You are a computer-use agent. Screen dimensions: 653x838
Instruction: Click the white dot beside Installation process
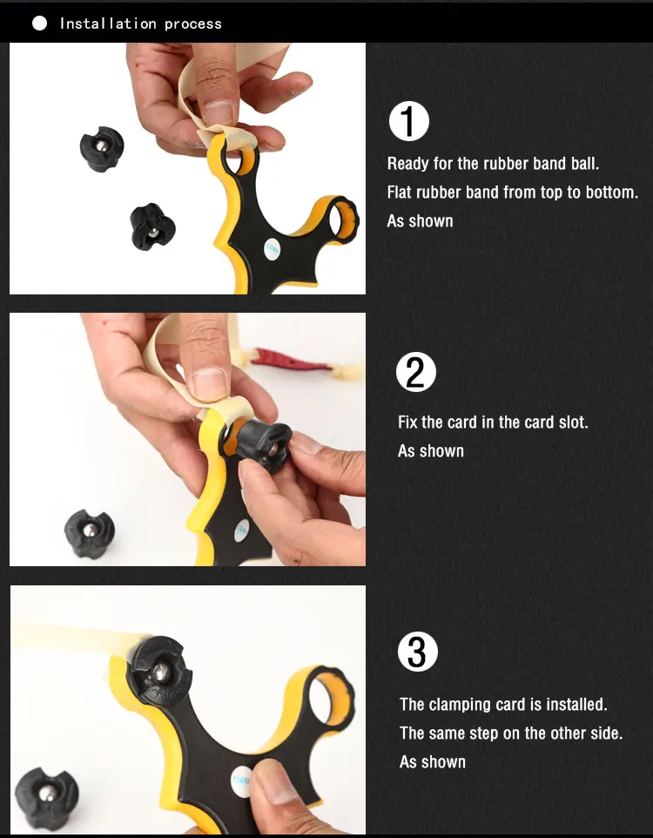pos(39,23)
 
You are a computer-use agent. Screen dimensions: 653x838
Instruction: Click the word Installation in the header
pos(108,24)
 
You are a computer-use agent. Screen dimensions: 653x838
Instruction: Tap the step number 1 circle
pos(409,121)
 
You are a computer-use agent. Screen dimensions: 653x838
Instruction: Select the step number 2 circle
pos(415,372)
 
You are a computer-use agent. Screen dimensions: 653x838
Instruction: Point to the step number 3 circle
pos(417,652)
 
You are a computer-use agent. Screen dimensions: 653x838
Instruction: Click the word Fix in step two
pos(407,422)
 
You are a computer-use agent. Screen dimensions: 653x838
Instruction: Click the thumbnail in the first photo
pos(218,112)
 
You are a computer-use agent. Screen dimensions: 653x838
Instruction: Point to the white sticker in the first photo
pos(272,248)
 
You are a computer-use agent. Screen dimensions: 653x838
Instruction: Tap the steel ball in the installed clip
pos(160,670)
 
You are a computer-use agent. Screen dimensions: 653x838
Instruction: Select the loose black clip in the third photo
pos(46,799)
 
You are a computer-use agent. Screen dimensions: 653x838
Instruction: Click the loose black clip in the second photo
pos(89,533)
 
